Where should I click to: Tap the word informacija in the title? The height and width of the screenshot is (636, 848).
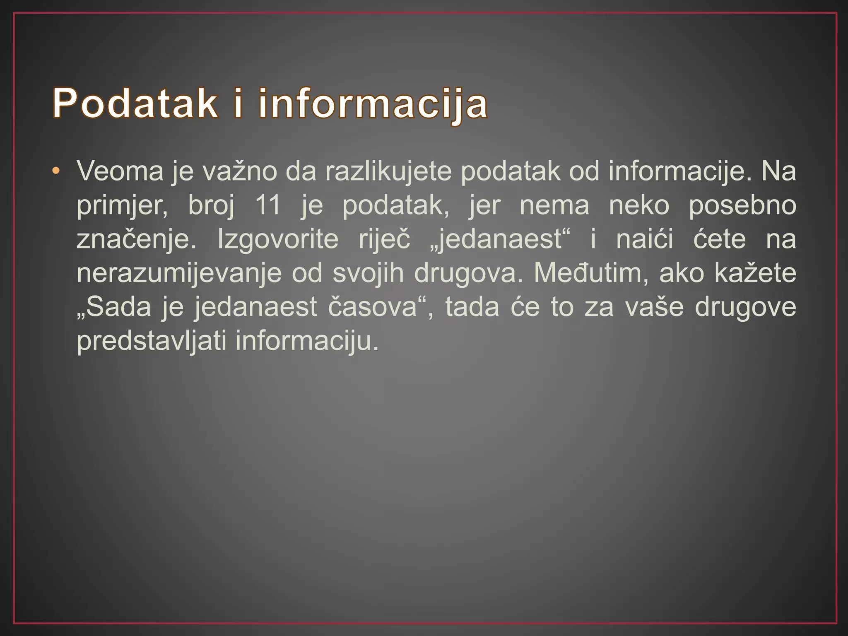tap(373, 104)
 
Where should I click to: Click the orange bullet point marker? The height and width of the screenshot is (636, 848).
tap(56, 171)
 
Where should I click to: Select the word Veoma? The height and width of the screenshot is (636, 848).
tap(120, 171)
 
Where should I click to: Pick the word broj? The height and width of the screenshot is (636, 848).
tap(211, 206)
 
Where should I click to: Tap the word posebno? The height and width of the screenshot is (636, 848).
tap(742, 206)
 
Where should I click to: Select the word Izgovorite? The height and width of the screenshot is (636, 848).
tap(278, 240)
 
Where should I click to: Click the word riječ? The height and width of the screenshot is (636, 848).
tap(384, 240)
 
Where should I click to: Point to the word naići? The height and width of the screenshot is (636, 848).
tap(644, 239)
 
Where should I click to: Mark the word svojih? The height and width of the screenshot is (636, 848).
tap(368, 274)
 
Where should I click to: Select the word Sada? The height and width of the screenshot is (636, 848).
tap(118, 307)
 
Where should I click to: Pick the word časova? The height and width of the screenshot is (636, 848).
tap(373, 307)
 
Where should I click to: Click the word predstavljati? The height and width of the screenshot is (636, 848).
tap(152, 342)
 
